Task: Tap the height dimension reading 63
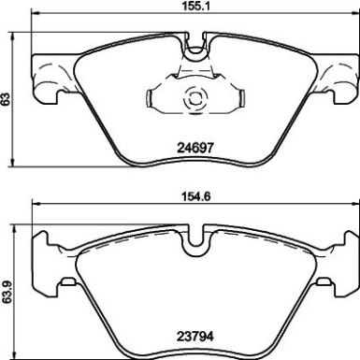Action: point(7,98)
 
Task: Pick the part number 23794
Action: point(196,328)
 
